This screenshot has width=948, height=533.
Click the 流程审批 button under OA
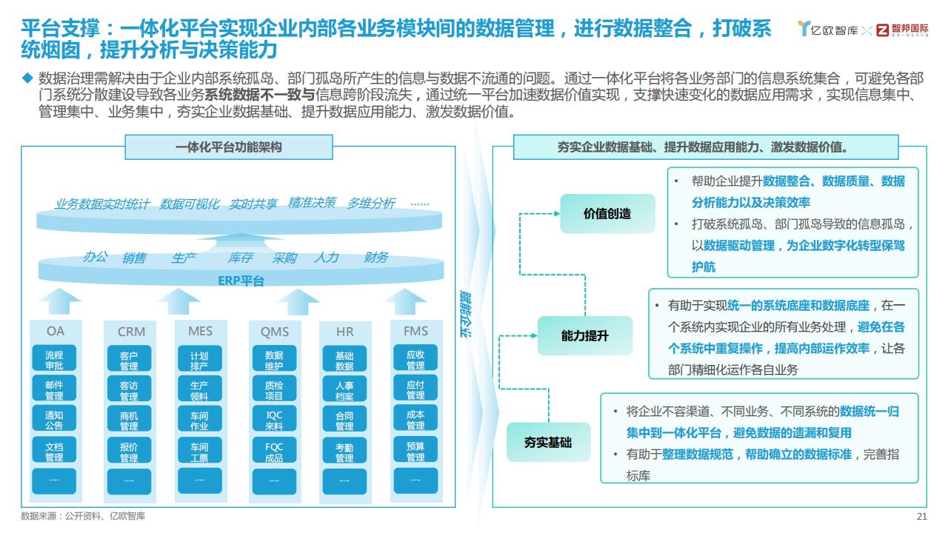pyautogui.click(x=54, y=358)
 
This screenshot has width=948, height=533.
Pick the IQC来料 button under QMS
pyautogui.click(x=274, y=419)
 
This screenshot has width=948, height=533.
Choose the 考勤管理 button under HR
pyautogui.click(x=344, y=450)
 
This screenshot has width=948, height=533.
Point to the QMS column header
pyautogui.click(x=275, y=332)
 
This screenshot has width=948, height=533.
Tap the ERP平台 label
pyautogui.click(x=241, y=281)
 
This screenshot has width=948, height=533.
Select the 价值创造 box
pyautogui.click(x=607, y=214)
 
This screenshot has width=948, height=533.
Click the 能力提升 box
pyautogui.click(x=585, y=336)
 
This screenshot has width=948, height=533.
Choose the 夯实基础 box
pyautogui.click(x=548, y=442)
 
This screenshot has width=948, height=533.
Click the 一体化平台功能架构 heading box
pyautogui.click(x=229, y=147)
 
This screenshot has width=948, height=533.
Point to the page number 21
pyautogui.click(x=922, y=516)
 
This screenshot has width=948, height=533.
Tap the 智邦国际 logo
pyautogui.click(x=902, y=30)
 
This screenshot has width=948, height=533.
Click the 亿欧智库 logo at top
pyautogui.click(x=827, y=29)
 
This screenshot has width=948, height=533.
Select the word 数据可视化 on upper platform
pyautogui.click(x=189, y=204)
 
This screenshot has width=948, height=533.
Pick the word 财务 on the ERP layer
pyautogui.click(x=375, y=257)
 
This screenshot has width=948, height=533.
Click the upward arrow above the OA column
pyautogui.click(x=60, y=301)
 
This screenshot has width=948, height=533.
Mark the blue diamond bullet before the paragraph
pyautogui.click(x=27, y=78)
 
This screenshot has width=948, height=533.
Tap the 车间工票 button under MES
pyautogui.click(x=200, y=450)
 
